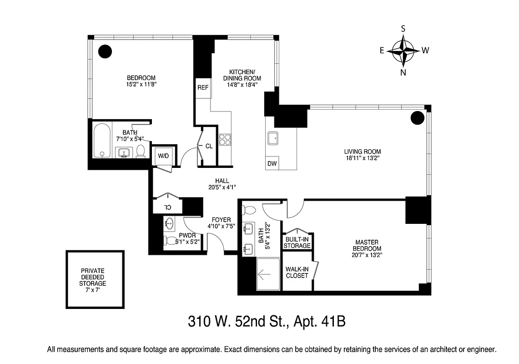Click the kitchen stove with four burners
(x=225, y=139)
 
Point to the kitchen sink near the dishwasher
(x=274, y=138)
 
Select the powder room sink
(x=170, y=223)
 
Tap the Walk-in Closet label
(x=297, y=272)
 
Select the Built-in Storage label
(x=297, y=243)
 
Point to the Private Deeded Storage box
(x=95, y=279)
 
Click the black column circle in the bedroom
(x=105, y=51)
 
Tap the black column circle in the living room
(x=417, y=118)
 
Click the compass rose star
(x=403, y=51)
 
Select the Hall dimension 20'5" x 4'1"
(x=222, y=187)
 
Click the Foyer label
(x=219, y=220)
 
